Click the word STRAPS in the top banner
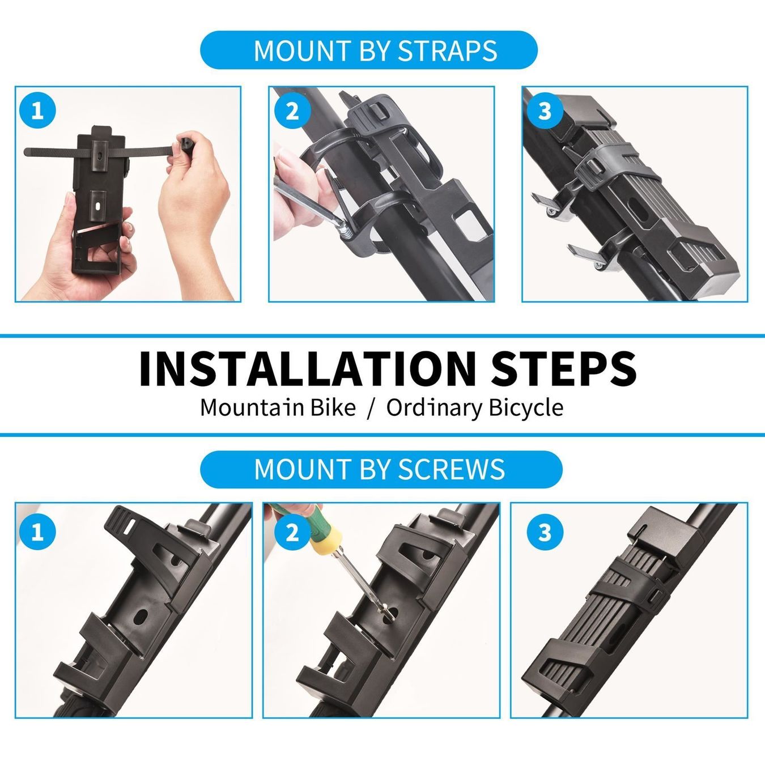(x=448, y=50)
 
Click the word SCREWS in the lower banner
(x=452, y=469)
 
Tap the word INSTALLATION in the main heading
(x=307, y=368)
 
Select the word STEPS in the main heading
(x=564, y=368)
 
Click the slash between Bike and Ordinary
(x=371, y=407)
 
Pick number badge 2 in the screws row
(x=292, y=532)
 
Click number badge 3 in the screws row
(x=545, y=532)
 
